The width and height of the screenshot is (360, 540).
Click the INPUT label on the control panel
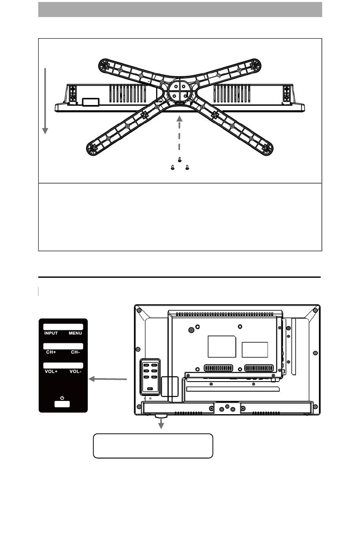(51, 333)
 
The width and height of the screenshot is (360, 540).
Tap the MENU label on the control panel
(75, 333)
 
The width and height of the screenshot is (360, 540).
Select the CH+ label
(51, 352)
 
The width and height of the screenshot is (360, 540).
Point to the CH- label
(75, 352)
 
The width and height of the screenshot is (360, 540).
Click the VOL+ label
(51, 371)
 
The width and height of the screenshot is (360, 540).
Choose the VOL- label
(75, 371)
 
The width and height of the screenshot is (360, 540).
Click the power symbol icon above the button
(62, 398)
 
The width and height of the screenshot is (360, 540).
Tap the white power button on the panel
(62, 404)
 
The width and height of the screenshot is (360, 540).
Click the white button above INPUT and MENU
(63, 327)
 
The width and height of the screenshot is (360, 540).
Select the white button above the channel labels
(63, 346)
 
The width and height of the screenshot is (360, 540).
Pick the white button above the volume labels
(63, 365)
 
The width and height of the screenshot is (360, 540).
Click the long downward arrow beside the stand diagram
(45, 101)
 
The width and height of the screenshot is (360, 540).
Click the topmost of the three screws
(180, 159)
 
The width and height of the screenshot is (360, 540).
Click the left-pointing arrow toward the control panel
(108, 379)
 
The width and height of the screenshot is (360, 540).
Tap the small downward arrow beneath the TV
(161, 424)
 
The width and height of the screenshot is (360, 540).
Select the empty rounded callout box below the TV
(153, 446)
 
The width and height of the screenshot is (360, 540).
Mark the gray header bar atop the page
(180, 9)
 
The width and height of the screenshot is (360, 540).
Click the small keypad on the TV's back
(150, 377)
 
